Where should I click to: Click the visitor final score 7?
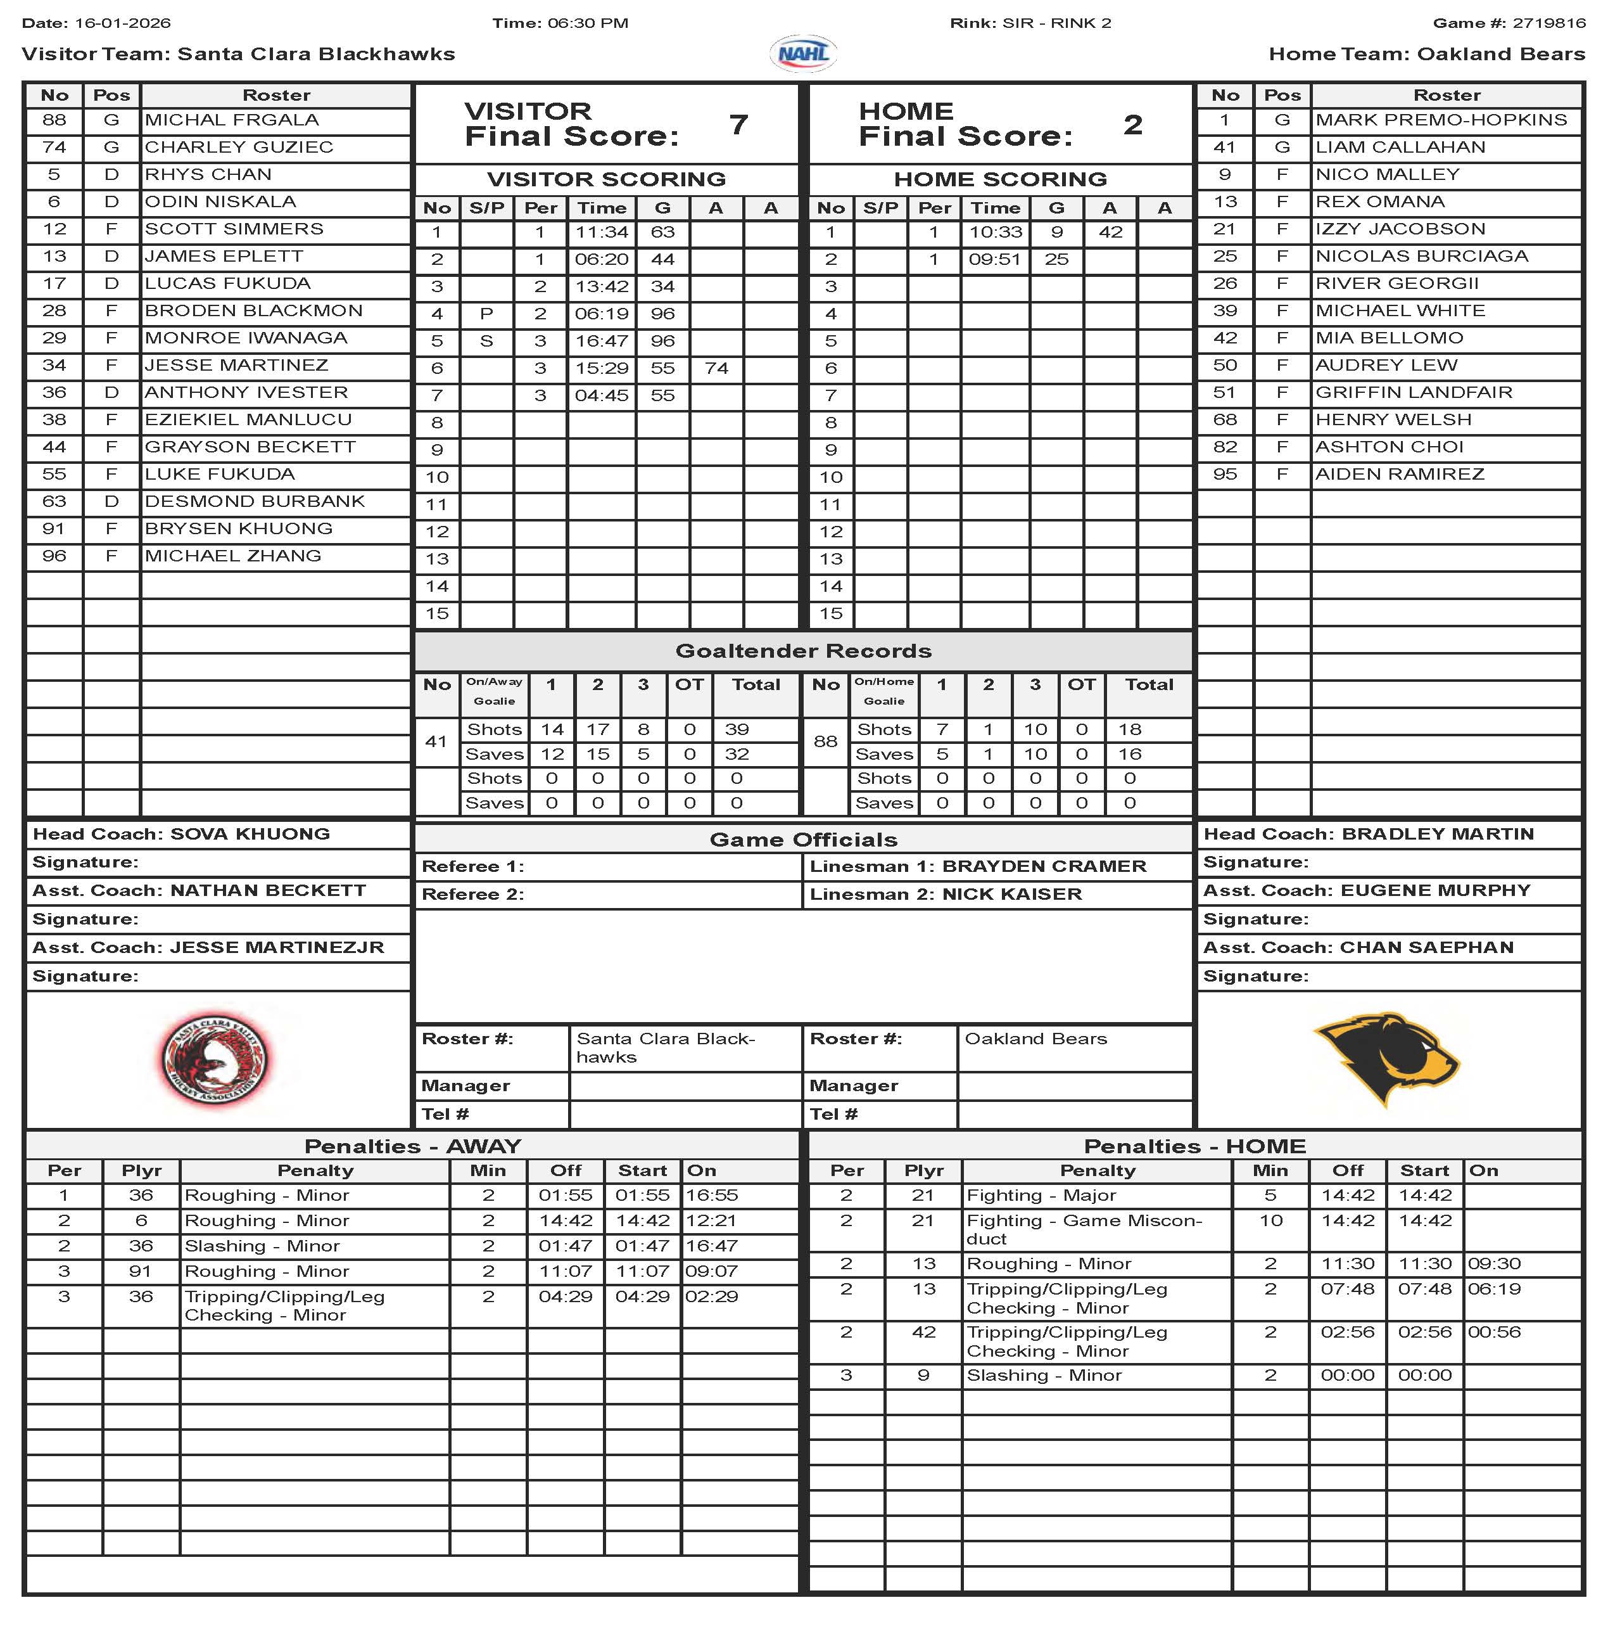coord(738,125)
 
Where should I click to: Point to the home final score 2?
coord(1132,125)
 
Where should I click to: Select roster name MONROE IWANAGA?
coord(246,338)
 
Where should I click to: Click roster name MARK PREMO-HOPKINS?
coord(1441,120)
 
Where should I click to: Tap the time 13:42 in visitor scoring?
coord(601,287)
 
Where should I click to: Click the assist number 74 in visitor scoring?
coord(716,368)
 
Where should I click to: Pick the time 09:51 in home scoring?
coord(995,259)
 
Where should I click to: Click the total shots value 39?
coord(737,730)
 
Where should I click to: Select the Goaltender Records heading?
coord(803,651)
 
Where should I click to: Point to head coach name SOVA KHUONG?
coord(250,835)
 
